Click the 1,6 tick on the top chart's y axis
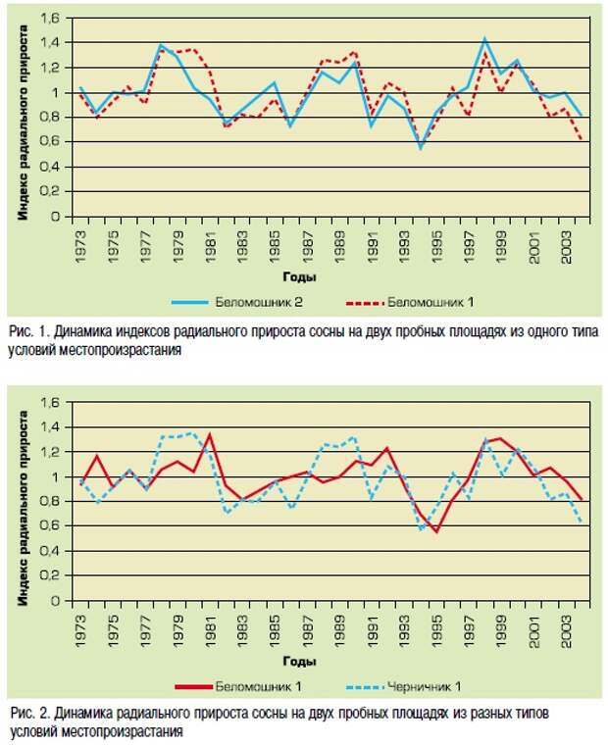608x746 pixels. click(50, 18)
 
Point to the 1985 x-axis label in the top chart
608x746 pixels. click(275, 247)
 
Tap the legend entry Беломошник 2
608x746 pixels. click(236, 302)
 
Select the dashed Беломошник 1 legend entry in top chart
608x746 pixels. click(410, 302)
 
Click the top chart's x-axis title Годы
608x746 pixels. click(299, 276)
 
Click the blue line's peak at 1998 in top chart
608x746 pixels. click(484, 39)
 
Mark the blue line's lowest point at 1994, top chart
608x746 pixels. click(420, 148)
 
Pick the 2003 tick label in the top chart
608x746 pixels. click(566, 247)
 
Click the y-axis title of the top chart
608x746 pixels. click(23, 123)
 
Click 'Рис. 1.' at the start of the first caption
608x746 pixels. click(29, 331)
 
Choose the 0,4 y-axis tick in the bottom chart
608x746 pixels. click(50, 551)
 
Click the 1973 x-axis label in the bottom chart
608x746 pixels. click(80, 631)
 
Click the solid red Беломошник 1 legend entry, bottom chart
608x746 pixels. click(237, 686)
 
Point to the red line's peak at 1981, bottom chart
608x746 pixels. click(210, 435)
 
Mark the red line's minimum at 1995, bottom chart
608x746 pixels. click(436, 531)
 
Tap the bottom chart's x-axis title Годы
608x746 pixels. click(299, 661)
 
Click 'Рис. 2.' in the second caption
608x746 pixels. click(30, 714)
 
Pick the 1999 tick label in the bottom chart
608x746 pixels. click(501, 631)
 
